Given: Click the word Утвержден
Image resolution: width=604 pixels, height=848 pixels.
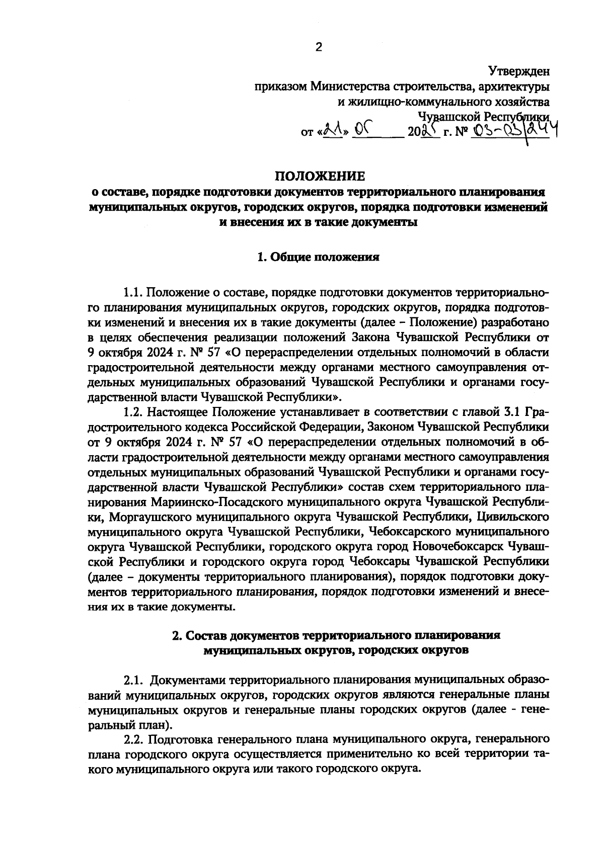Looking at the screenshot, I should [x=519, y=71].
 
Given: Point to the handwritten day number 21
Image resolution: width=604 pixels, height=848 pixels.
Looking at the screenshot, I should [x=332, y=132].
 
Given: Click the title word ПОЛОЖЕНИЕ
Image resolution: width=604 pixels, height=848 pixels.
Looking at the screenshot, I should [x=318, y=176].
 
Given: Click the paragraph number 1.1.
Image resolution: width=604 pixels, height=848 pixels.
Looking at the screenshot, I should [x=134, y=293].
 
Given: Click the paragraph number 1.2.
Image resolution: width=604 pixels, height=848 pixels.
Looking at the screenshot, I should [x=134, y=413].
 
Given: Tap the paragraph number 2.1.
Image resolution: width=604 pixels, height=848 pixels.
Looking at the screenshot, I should [x=134, y=681].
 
